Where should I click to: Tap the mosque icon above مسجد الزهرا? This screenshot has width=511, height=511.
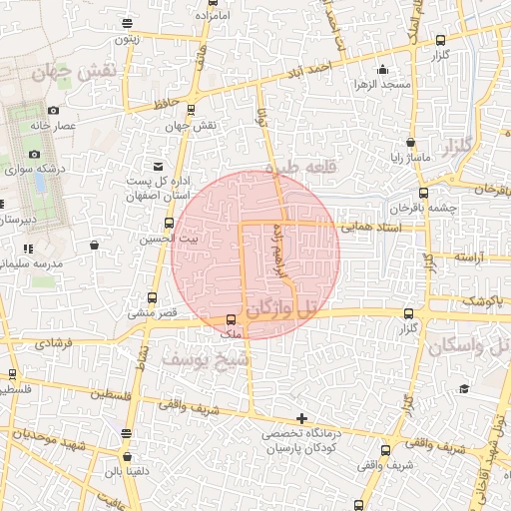[383, 69]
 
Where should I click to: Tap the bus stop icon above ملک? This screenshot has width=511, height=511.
[232, 319]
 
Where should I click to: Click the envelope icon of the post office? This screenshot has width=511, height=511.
[157, 166]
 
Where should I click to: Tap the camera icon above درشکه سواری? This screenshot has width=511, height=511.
[35, 154]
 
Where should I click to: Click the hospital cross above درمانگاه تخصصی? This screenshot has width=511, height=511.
[301, 419]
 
